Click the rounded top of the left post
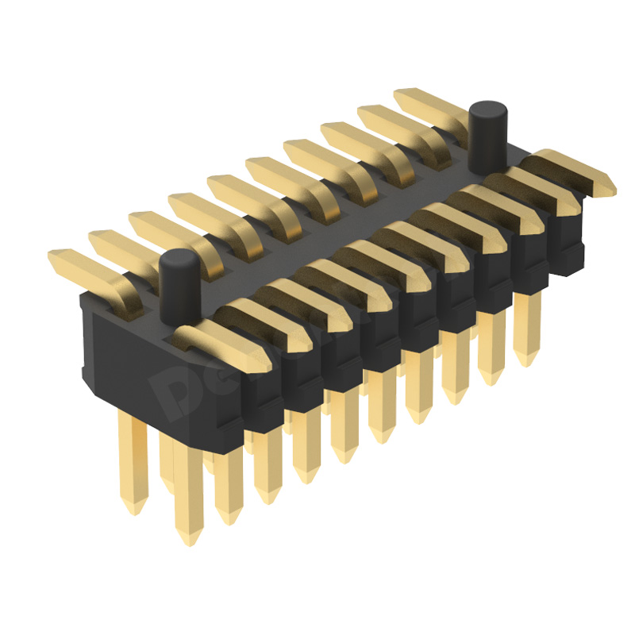tap(179, 259)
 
